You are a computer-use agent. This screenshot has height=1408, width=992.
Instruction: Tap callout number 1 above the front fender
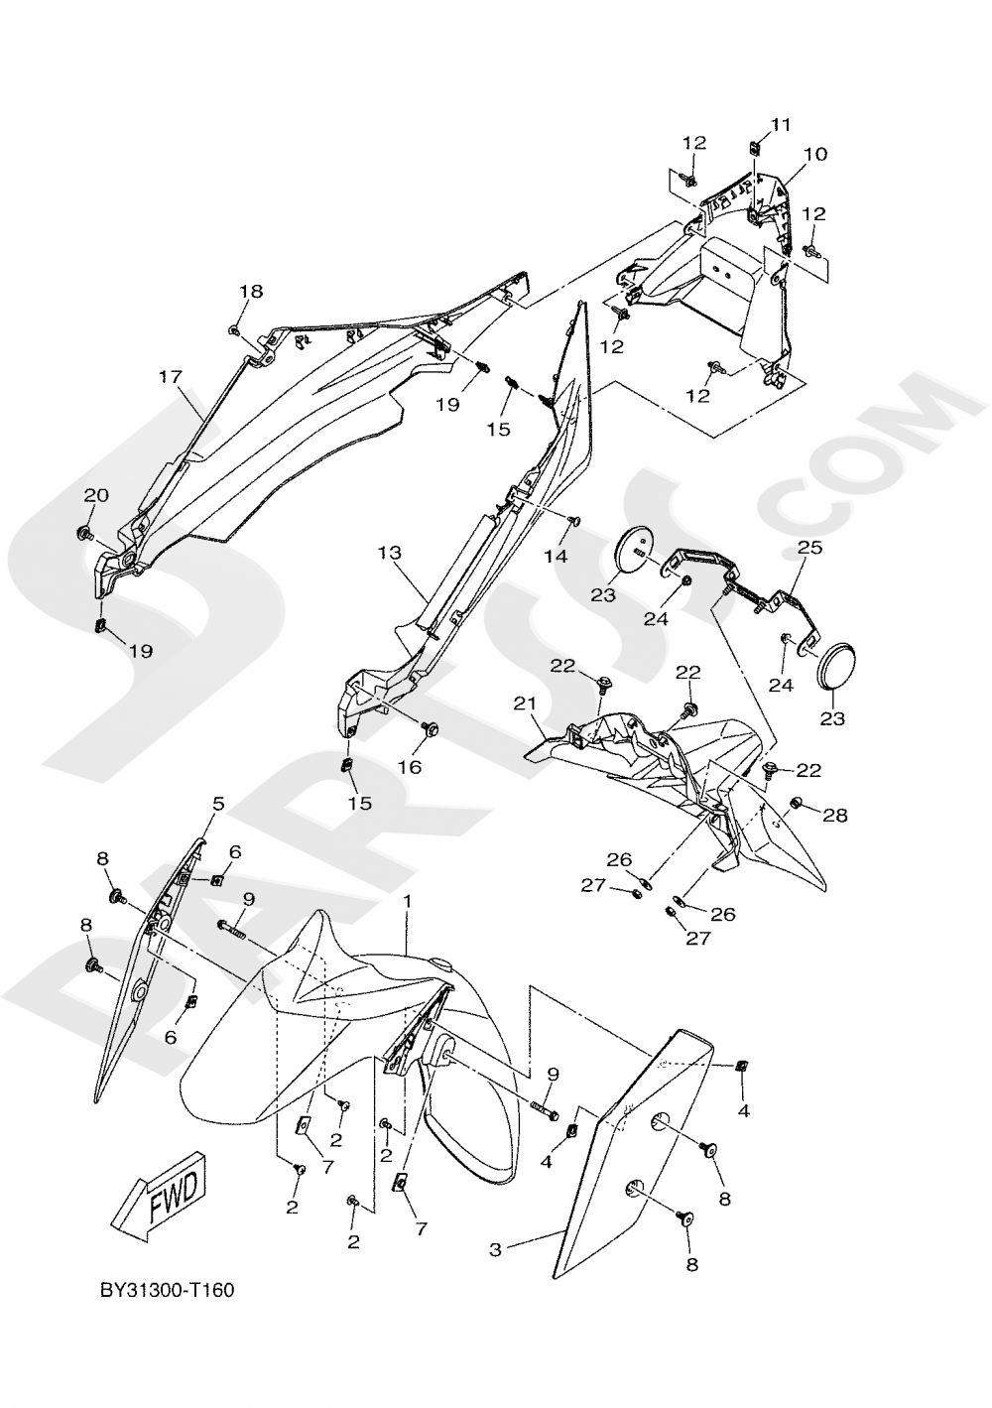(407, 899)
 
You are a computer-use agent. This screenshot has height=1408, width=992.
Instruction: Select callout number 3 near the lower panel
(495, 1250)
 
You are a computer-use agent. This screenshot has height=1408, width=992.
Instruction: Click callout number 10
(815, 154)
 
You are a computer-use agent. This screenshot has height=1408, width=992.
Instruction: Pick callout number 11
(782, 124)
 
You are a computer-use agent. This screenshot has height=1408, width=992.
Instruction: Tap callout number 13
(387, 551)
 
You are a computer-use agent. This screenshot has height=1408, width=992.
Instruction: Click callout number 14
(556, 557)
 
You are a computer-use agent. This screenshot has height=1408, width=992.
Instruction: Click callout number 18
(251, 291)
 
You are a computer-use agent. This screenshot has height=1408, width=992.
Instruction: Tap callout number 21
(525, 704)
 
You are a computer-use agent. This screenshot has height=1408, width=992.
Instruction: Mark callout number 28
(835, 814)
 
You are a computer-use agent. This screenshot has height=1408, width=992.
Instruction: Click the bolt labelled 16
(431, 730)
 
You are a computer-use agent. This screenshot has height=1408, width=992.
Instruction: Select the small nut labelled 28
(797, 802)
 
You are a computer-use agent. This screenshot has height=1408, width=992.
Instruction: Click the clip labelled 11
(754, 147)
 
